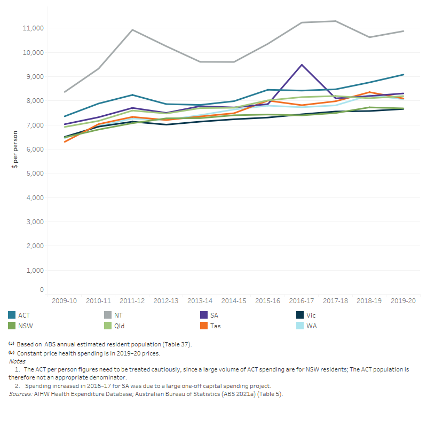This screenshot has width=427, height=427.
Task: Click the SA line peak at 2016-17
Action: click(302, 65)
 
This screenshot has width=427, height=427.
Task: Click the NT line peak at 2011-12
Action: click(132, 30)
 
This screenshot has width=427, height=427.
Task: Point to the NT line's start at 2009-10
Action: click(65, 92)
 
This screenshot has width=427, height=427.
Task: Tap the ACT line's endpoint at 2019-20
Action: click(403, 75)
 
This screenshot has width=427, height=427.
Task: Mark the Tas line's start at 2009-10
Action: click(65, 141)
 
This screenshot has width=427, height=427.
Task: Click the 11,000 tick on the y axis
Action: click(33, 28)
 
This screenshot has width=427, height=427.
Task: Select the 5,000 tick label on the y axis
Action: click(34, 173)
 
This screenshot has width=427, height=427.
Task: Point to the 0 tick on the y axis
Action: click(41, 290)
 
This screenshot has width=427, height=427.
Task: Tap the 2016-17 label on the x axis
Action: click(302, 301)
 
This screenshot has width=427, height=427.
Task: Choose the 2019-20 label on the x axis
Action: click(403, 301)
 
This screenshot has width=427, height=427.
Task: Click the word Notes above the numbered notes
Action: click(17, 361)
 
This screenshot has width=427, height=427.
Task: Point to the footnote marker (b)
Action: click(11, 353)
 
